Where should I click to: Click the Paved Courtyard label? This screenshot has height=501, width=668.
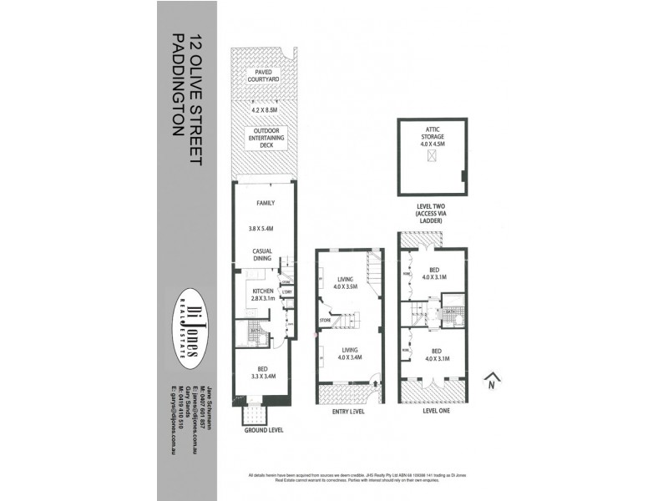click(x=263, y=77)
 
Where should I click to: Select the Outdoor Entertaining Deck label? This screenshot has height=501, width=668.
click(x=264, y=138)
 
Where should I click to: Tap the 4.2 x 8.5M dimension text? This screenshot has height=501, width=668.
click(x=264, y=109)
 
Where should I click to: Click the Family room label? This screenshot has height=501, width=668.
click(x=265, y=203)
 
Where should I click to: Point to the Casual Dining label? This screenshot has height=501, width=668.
click(x=264, y=254)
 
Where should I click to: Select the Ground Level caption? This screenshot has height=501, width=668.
click(x=263, y=430)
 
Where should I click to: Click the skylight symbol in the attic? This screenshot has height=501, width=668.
click(x=432, y=157)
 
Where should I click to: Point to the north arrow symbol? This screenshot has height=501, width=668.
click(x=493, y=381)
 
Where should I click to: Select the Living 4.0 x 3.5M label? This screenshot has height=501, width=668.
click(x=347, y=284)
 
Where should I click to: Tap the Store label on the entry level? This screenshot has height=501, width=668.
click(x=325, y=320)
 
